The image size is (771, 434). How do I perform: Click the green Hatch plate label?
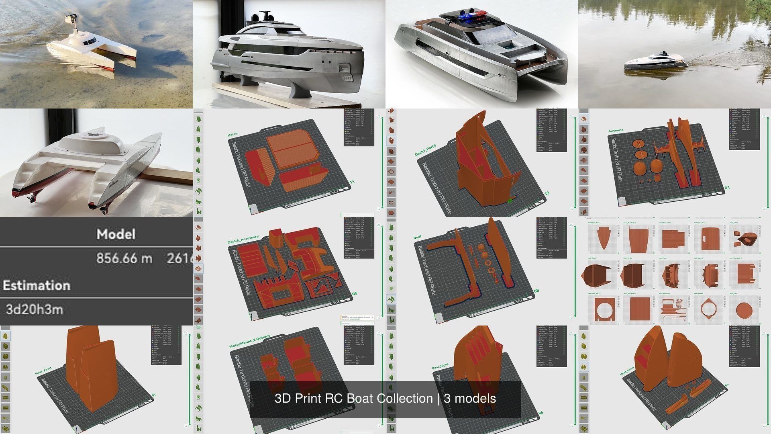coord(233,135)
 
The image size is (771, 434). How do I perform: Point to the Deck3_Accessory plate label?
coord(243,240)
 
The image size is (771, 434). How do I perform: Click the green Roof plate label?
coord(417,237)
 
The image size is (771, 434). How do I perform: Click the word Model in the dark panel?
coord(116,234)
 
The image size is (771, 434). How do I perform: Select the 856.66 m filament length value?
coord(124,258)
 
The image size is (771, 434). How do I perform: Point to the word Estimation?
coord(37,285)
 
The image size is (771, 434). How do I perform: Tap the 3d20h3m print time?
coord(34,310)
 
